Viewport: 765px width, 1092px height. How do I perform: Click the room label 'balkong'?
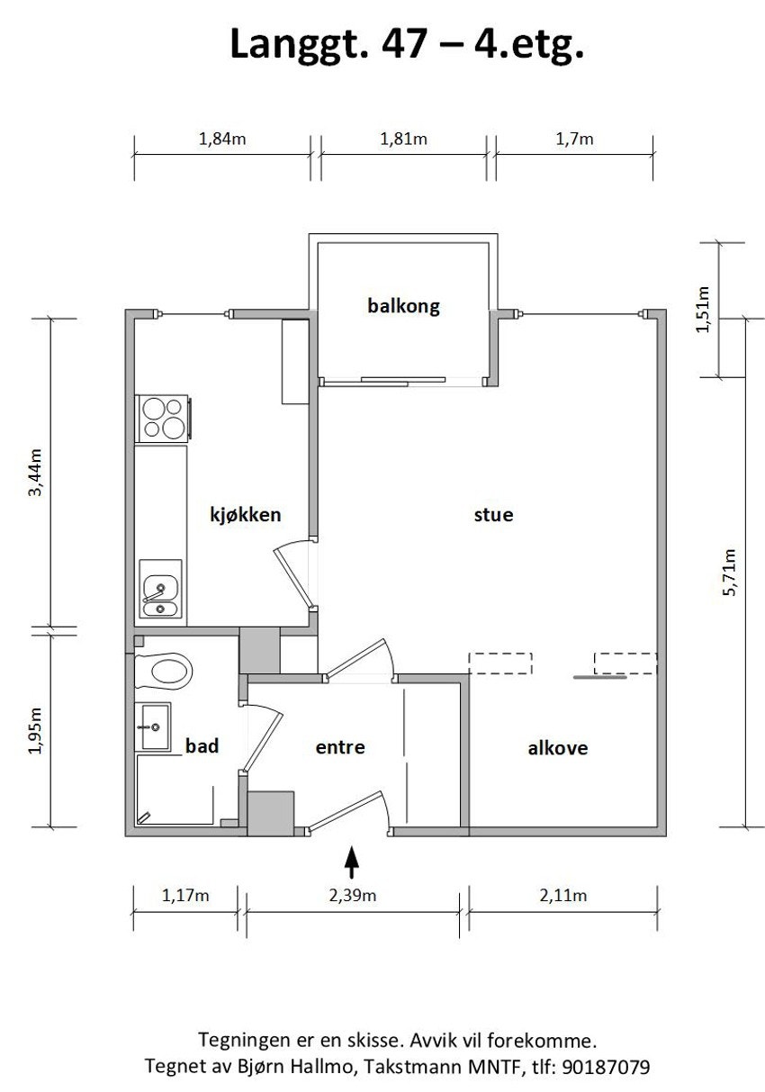pyautogui.click(x=403, y=307)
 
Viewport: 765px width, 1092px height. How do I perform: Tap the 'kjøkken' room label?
pyautogui.click(x=246, y=515)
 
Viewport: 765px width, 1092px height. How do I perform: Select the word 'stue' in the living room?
pyautogui.click(x=493, y=515)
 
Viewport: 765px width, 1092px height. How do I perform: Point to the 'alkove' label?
pyautogui.click(x=558, y=748)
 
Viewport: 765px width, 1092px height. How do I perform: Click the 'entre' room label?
pyautogui.click(x=340, y=747)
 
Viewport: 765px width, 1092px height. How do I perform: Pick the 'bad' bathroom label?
pyautogui.click(x=202, y=746)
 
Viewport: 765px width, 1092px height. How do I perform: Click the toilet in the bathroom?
pyautogui.click(x=163, y=672)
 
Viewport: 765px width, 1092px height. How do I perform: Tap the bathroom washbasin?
pyautogui.click(x=152, y=726)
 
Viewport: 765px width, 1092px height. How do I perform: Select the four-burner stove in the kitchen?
pyautogui.click(x=163, y=418)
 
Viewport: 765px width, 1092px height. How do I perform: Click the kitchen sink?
pyautogui.click(x=161, y=589)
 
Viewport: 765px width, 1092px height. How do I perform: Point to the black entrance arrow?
pyautogui.click(x=351, y=862)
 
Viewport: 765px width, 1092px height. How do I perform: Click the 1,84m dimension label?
pyautogui.click(x=222, y=140)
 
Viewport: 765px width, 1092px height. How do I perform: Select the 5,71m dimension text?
pyautogui.click(x=729, y=573)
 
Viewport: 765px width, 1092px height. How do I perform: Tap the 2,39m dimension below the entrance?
pyautogui.click(x=353, y=896)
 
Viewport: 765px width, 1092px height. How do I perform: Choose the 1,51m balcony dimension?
pyautogui.click(x=703, y=310)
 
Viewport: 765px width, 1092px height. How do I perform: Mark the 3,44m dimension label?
pyautogui.click(x=36, y=473)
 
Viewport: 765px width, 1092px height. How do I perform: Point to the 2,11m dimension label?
pyautogui.click(x=563, y=896)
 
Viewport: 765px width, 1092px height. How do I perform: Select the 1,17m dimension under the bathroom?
pyautogui.click(x=185, y=896)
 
